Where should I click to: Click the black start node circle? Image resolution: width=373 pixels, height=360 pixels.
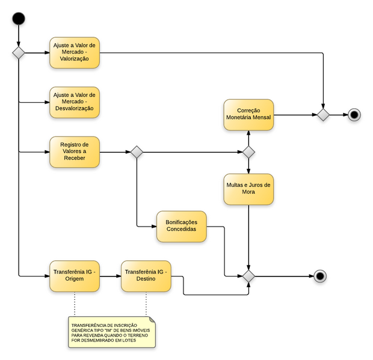coord(19,19)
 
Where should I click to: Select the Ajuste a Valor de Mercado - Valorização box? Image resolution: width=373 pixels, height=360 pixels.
coord(74,53)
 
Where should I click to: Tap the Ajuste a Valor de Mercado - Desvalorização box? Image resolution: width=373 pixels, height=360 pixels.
coord(74,102)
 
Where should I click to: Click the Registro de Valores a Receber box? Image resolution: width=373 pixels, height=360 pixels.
coord(74,151)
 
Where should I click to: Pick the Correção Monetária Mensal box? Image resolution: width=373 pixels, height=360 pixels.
coord(248,114)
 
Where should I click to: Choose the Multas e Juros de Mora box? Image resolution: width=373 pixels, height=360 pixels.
coord(248,188)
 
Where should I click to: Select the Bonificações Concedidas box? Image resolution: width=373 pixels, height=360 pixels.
coord(181,226)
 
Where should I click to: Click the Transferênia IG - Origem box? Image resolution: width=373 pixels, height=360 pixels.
coord(74,276)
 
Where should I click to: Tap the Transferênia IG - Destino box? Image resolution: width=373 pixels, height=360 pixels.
coord(146,276)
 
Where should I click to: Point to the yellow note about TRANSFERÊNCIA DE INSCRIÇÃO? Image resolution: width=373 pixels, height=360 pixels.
coord(112,331)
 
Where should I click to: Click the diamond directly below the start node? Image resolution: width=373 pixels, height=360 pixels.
coord(19,53)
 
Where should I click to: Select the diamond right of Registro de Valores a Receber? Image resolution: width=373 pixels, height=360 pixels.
coord(137,151)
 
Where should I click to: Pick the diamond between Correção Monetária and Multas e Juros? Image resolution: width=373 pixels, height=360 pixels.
coord(248,151)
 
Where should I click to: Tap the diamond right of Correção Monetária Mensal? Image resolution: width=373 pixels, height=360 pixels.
coord(324,114)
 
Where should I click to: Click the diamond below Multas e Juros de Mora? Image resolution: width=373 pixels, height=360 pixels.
coord(248,276)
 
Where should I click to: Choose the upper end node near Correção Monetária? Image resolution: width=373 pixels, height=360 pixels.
coord(354,114)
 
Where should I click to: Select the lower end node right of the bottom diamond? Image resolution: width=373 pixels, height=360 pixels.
coord(320,276)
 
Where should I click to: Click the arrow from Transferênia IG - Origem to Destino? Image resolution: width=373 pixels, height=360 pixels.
coord(109,276)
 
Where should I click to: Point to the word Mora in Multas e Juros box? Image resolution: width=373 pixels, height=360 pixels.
coord(248,192)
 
